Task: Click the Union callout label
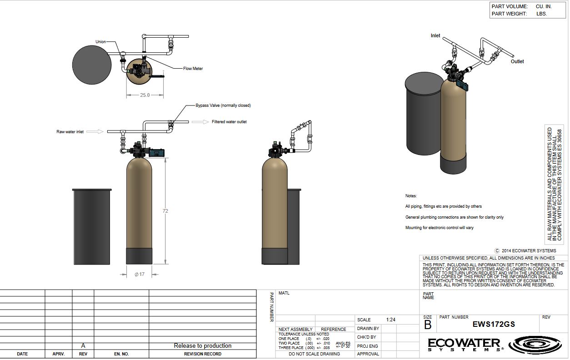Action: tap(100, 42)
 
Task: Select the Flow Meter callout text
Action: tap(193, 69)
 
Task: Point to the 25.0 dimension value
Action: tap(145, 95)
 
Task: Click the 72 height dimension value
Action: tap(165, 211)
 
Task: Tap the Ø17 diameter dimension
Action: tap(140, 274)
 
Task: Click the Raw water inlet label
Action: tap(70, 132)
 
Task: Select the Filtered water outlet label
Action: tap(229, 122)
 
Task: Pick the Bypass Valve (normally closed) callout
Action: tap(223, 105)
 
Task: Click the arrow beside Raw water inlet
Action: tap(95, 132)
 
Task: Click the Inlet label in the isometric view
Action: tap(435, 35)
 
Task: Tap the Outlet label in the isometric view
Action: tap(517, 61)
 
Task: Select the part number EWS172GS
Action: tap(494, 325)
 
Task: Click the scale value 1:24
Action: tap(390, 320)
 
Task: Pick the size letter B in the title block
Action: tap(428, 325)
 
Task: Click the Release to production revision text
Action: tap(203, 346)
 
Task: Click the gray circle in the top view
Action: tap(92, 64)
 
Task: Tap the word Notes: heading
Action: tap(411, 196)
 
